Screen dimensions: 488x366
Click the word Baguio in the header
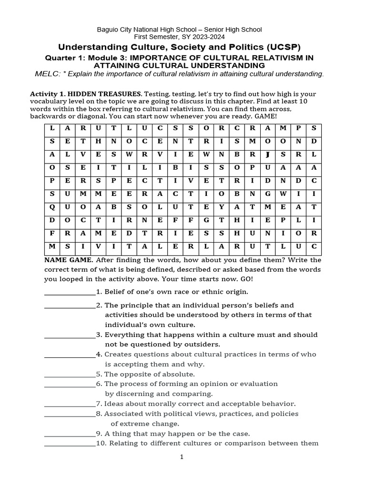[108, 30]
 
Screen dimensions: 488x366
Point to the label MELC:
[46, 74]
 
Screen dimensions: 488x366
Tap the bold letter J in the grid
[268, 154]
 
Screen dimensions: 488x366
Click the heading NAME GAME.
[68, 260]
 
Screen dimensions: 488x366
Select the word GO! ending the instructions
[245, 278]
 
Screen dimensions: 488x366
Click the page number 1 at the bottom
[182, 457]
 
